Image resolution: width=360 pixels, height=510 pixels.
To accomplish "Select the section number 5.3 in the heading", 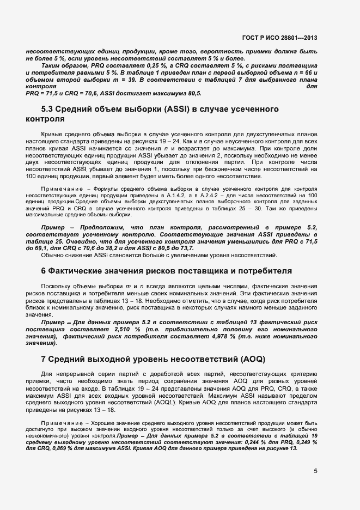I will pos(50,110).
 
